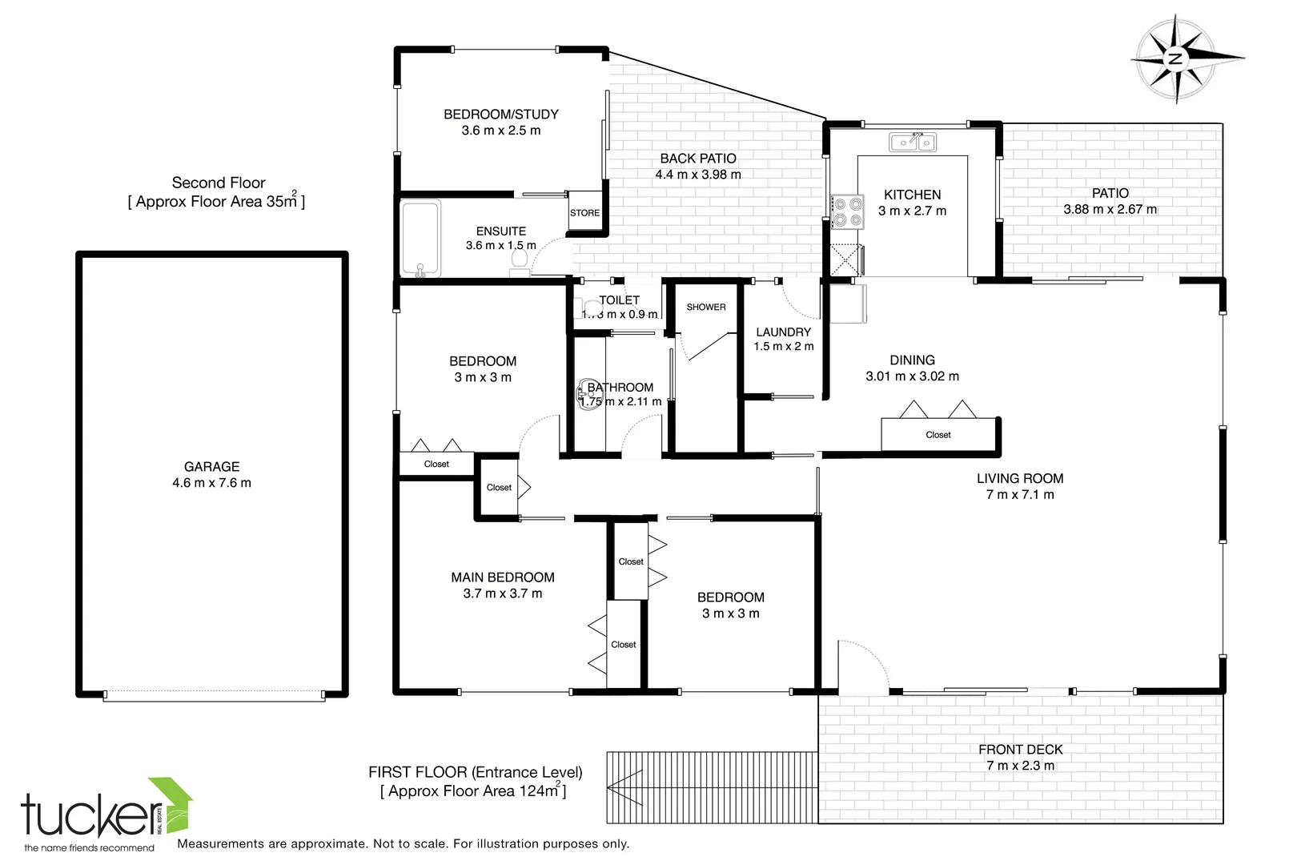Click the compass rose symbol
pyautogui.click(x=1175, y=58)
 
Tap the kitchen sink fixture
pyautogui.click(x=913, y=143)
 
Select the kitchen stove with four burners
pyautogui.click(x=847, y=211)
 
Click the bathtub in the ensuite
pyautogui.click(x=420, y=239)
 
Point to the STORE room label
pyautogui.click(x=584, y=213)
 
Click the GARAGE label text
pyautogui.click(x=211, y=466)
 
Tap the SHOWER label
pyautogui.click(x=705, y=307)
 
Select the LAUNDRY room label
pyautogui.click(x=783, y=332)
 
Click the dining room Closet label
pyautogui.click(x=938, y=435)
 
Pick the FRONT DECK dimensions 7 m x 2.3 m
pyautogui.click(x=1020, y=766)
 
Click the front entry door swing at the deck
pyautogui.click(x=861, y=665)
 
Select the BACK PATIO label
pyautogui.click(x=697, y=159)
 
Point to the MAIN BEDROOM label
pyautogui.click(x=502, y=577)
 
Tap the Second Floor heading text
pyautogui.click(x=218, y=183)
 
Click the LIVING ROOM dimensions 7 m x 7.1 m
pyautogui.click(x=1019, y=495)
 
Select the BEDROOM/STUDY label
pyautogui.click(x=500, y=115)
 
